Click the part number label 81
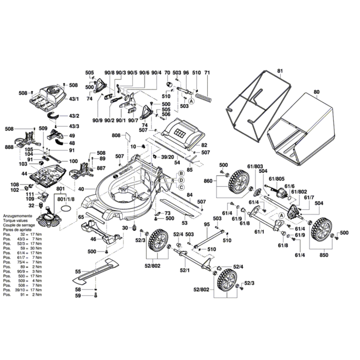280,70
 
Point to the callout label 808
116,136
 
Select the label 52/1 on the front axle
185,269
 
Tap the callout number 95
206,224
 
